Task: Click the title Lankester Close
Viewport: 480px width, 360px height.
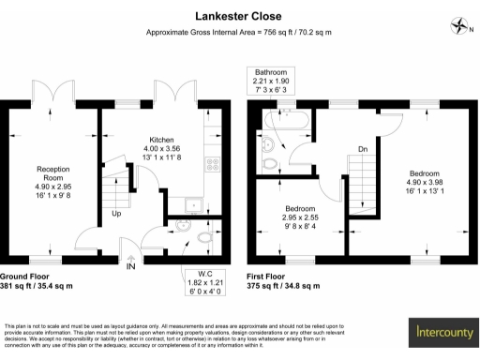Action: point(239,16)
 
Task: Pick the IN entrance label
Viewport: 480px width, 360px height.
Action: point(131,267)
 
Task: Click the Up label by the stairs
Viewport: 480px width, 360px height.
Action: point(116,214)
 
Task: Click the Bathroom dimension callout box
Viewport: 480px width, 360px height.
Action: point(271,82)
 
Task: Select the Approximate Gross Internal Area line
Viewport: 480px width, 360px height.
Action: point(239,33)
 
